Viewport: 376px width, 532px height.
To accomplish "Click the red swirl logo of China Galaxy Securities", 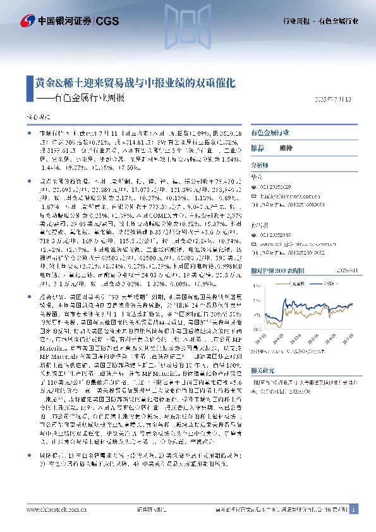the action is click(x=28, y=20).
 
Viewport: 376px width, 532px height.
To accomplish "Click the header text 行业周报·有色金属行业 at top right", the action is click(x=320, y=21).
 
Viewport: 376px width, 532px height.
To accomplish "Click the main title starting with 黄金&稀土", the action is click(x=135, y=83).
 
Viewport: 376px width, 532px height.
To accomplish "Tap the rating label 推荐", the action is click(x=257, y=147).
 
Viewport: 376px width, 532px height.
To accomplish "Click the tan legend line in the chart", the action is click(x=284, y=284).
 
